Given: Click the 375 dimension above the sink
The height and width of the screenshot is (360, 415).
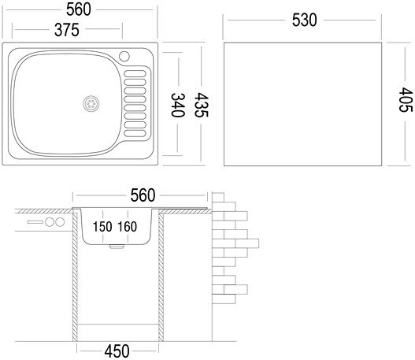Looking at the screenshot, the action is click(x=67, y=30).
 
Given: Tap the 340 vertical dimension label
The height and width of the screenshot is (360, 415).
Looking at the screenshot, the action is click(x=177, y=105).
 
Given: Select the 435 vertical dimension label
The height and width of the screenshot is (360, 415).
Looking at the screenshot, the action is click(x=201, y=105).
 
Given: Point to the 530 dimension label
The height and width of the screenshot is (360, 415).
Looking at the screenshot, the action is click(x=305, y=20).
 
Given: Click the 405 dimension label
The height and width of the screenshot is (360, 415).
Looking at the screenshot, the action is click(x=406, y=100).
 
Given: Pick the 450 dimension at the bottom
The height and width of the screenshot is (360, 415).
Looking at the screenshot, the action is click(x=117, y=351).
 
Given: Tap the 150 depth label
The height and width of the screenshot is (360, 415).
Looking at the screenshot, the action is click(x=102, y=227).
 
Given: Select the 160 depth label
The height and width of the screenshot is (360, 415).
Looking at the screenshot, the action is click(x=128, y=227).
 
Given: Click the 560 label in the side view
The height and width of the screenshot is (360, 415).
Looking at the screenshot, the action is click(x=143, y=195).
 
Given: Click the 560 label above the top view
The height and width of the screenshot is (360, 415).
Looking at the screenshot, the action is click(x=79, y=9).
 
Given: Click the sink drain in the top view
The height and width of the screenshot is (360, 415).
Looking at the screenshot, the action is click(x=91, y=103).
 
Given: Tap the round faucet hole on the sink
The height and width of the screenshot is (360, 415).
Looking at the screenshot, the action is click(x=124, y=57).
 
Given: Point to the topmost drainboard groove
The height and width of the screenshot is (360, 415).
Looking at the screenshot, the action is click(x=135, y=74).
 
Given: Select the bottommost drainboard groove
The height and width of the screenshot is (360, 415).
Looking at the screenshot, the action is click(x=135, y=133).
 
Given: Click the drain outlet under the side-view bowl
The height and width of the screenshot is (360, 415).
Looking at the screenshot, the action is click(x=117, y=247).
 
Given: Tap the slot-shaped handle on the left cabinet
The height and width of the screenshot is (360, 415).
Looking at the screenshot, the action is click(x=35, y=222).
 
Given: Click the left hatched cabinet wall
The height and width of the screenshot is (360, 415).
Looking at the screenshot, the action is click(x=75, y=274).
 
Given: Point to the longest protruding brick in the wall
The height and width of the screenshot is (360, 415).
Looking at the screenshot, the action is click(x=246, y=243).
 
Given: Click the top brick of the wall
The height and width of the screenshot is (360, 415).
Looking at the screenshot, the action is click(x=218, y=198).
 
